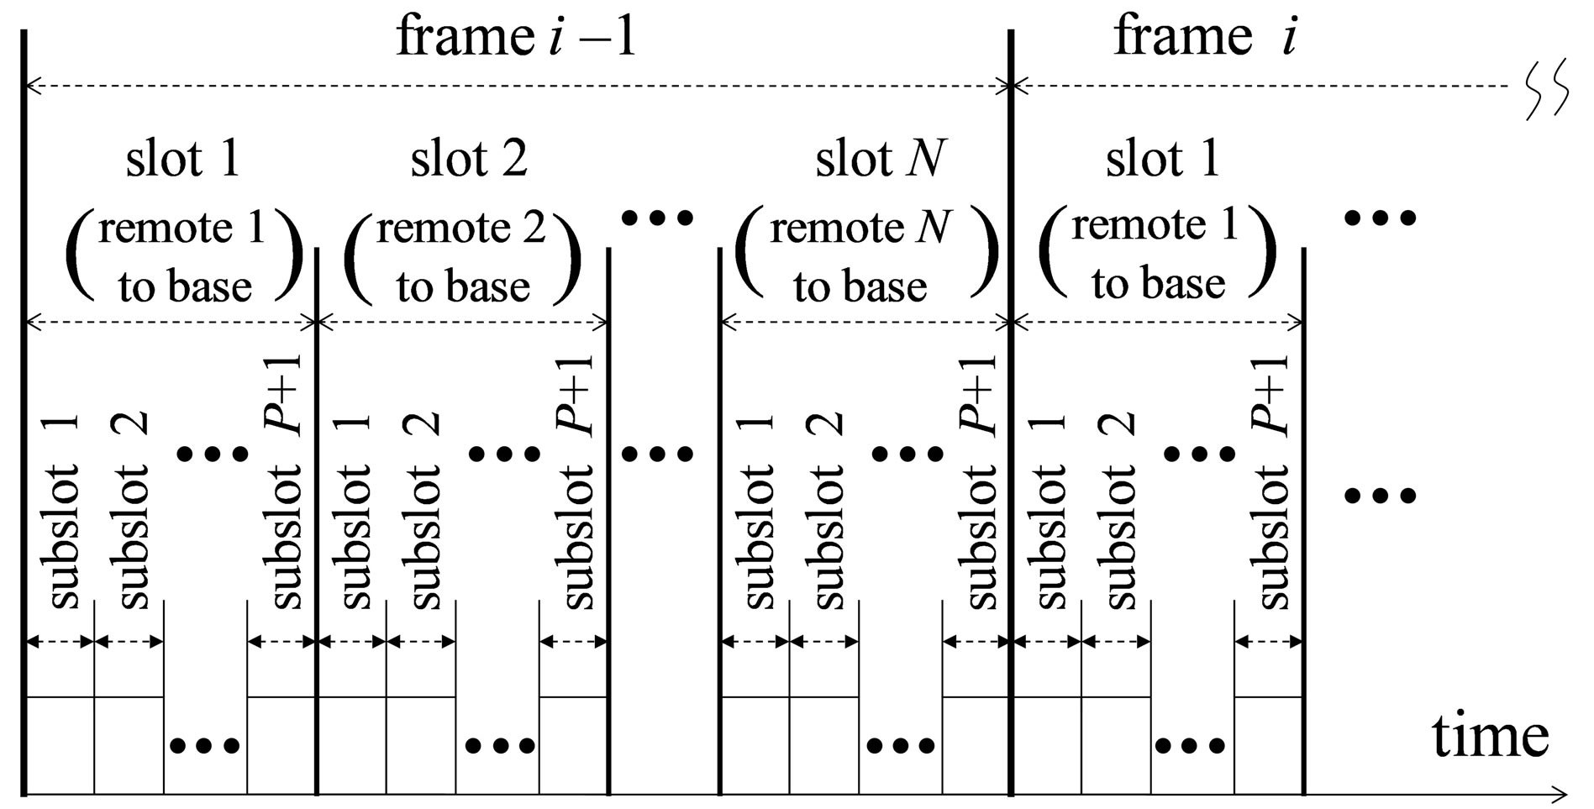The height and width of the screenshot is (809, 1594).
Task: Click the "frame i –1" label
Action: click(x=516, y=38)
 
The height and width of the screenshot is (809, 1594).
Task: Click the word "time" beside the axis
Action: click(x=1490, y=736)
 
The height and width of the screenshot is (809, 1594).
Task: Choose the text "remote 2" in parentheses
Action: click(x=461, y=227)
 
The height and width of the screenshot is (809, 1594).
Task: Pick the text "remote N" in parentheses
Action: click(x=860, y=227)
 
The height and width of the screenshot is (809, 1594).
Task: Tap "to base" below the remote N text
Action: click(x=860, y=286)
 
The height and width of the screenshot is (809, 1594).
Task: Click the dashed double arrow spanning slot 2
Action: click(x=462, y=321)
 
